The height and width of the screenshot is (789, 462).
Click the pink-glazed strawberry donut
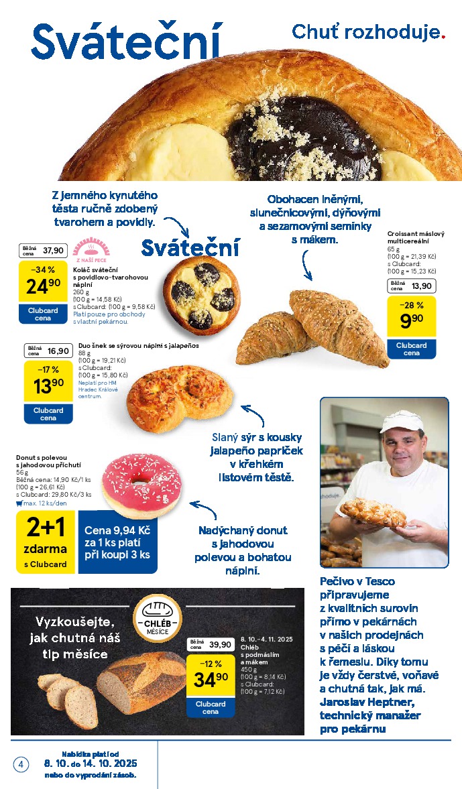tap(141, 483)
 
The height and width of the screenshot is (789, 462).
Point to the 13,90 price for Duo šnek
tap(48, 387)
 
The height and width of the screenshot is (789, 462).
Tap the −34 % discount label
tap(43, 269)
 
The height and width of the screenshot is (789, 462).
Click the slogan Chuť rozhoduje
tap(368, 32)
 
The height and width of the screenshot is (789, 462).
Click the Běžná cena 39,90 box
tap(210, 644)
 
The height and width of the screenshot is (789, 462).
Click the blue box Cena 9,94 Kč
tap(117, 543)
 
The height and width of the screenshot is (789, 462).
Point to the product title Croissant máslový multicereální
tap(416, 238)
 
